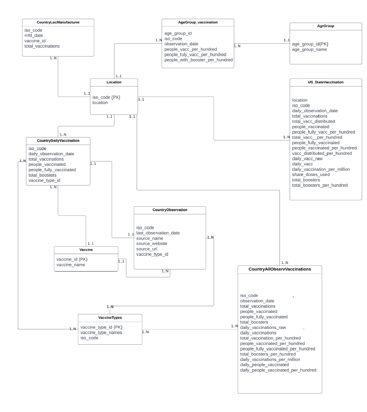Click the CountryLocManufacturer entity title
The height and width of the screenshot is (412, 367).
coord(58,22)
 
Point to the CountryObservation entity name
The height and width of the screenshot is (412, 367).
coord(170,210)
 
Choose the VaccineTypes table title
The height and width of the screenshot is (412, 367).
coord(110,317)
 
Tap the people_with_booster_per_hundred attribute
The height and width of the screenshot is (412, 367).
coord(199,60)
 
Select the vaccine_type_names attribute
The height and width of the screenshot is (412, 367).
coord(101,333)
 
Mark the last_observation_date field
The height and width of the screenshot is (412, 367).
coord(158,233)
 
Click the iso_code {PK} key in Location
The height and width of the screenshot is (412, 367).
coord(106,97)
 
